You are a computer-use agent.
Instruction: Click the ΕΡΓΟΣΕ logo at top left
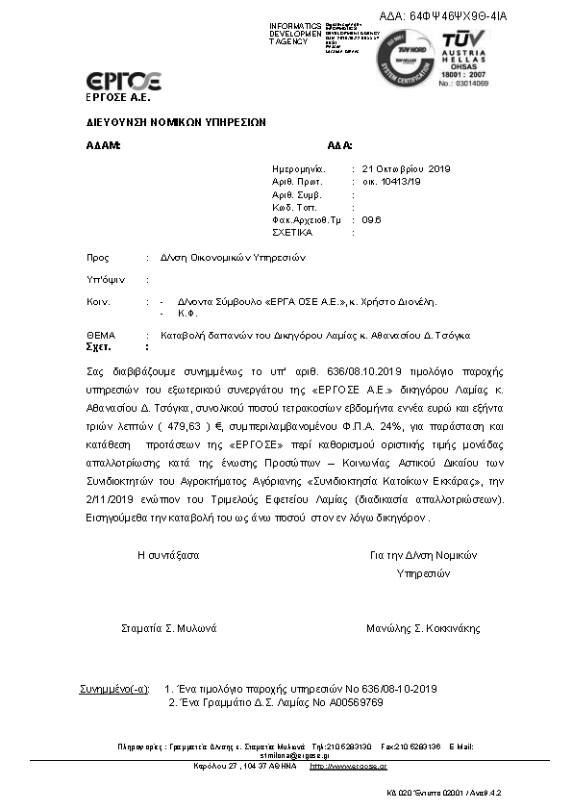(x=123, y=81)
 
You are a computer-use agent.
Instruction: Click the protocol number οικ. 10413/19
(x=391, y=181)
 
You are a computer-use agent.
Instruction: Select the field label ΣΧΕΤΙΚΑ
(x=291, y=233)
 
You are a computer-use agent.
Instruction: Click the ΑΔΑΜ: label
(x=104, y=145)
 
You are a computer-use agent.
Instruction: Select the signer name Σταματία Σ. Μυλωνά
(x=169, y=628)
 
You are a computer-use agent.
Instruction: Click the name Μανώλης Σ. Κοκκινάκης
(x=423, y=628)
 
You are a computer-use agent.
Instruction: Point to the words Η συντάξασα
(x=168, y=555)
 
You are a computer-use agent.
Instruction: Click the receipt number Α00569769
(x=347, y=702)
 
